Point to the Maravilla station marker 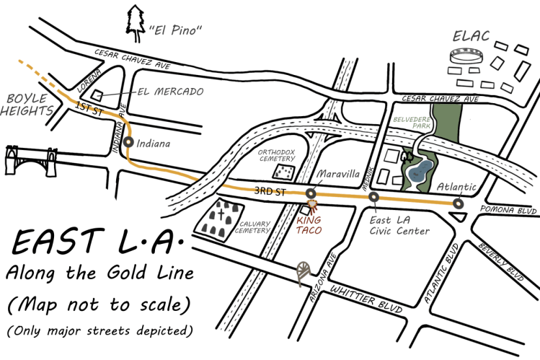(x=311, y=193)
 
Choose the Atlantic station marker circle (x=458, y=203)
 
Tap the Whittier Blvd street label (x=353, y=295)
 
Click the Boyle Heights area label (x=27, y=105)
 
